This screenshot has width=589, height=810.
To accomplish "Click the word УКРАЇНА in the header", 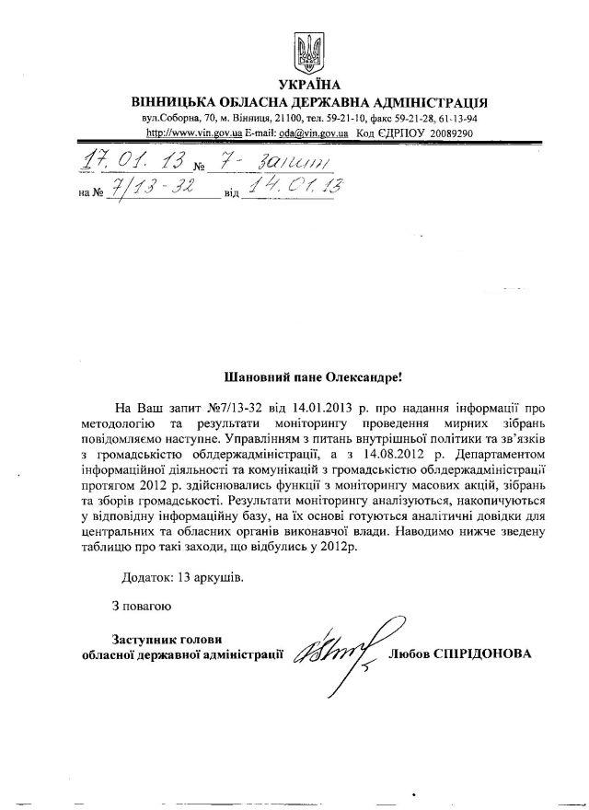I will (x=308, y=86).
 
